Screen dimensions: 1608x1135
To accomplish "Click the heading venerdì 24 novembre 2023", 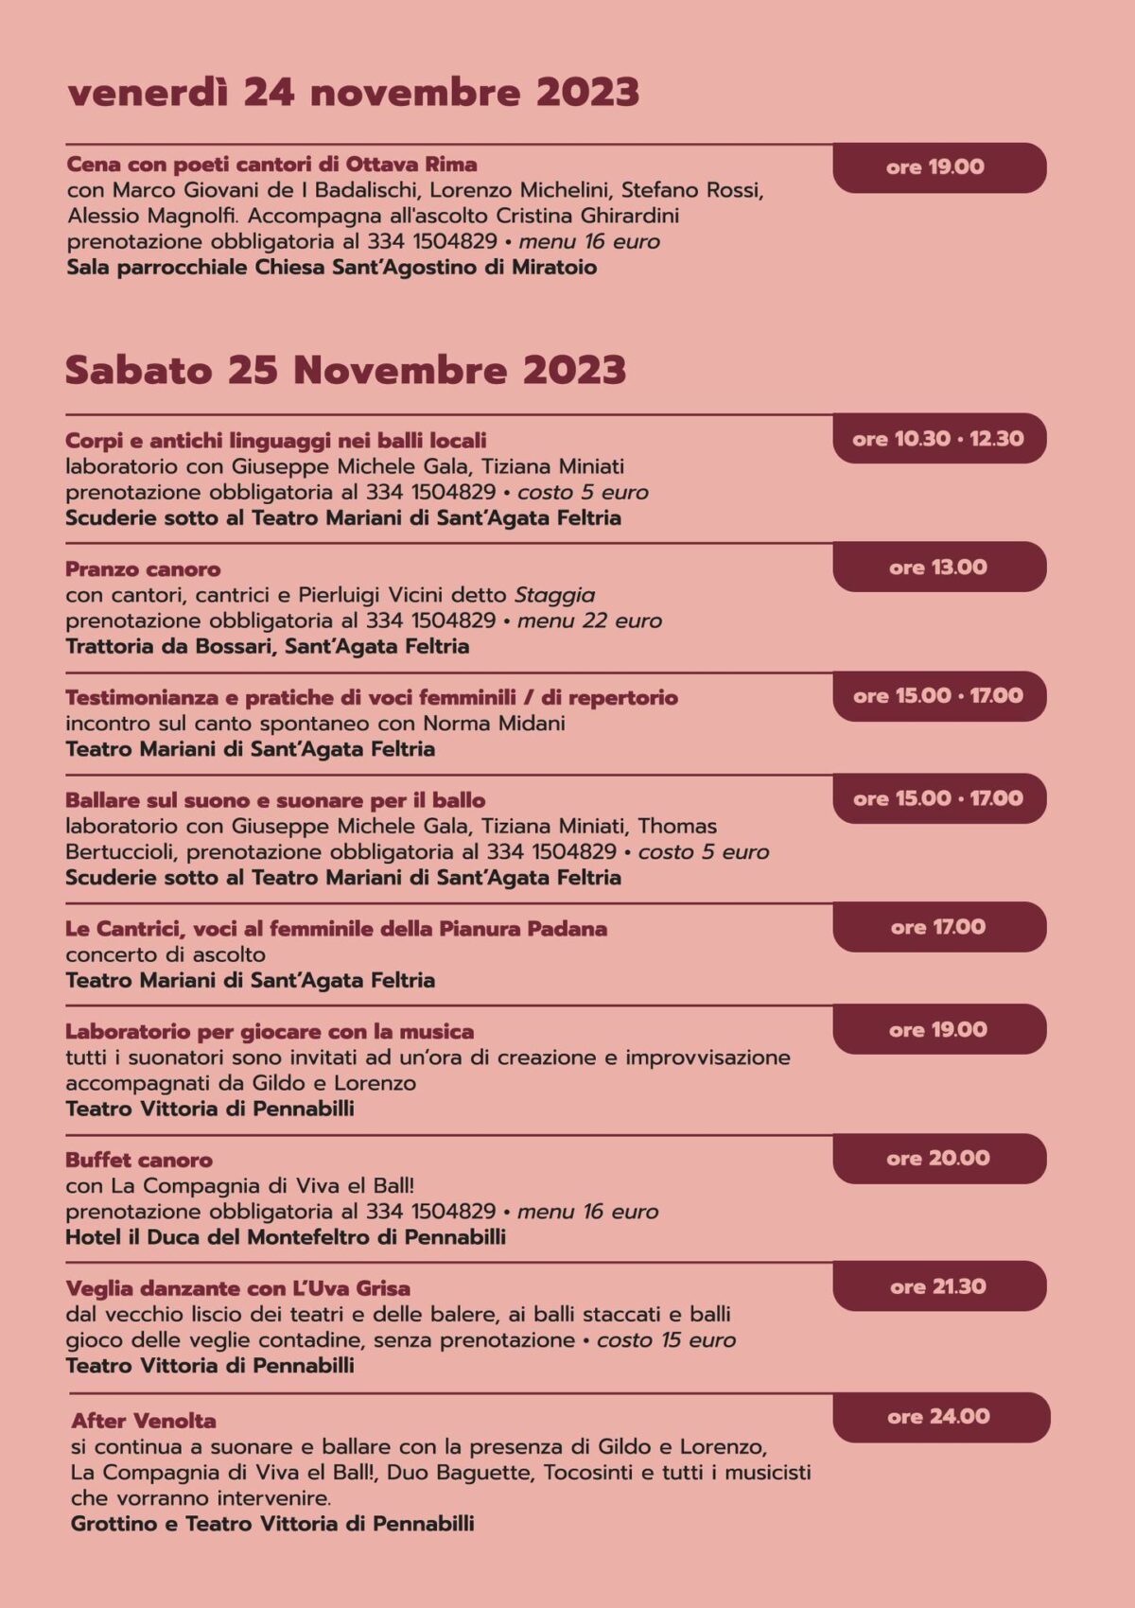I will [x=353, y=94].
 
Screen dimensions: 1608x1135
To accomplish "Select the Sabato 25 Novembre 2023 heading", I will [x=345, y=370].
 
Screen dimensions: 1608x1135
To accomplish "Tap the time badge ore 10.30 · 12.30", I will [x=938, y=439].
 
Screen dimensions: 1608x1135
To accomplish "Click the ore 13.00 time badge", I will [x=938, y=568].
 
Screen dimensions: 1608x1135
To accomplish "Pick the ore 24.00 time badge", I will [x=939, y=1417].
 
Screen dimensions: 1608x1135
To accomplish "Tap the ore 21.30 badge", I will [x=938, y=1287].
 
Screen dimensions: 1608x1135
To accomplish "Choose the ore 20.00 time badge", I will [x=938, y=1159].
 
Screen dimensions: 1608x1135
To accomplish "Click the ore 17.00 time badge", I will [x=938, y=927].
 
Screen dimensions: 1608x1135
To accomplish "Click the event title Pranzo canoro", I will [x=143, y=569].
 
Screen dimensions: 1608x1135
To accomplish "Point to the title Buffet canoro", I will [x=139, y=1160].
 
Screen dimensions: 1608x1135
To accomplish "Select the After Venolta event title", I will [x=144, y=1421].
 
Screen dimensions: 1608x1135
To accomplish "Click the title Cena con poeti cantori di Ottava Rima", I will [x=271, y=165].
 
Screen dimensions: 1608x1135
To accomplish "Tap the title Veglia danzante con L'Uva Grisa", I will [x=237, y=1288].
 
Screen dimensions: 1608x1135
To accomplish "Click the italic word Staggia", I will [x=554, y=596].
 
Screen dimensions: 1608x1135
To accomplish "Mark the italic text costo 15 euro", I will [x=666, y=1340].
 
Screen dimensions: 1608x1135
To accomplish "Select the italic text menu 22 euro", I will [x=589, y=621].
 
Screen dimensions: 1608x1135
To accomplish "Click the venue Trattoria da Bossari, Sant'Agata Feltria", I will [x=267, y=647].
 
